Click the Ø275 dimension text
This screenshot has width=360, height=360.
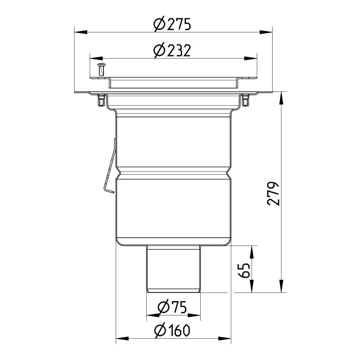pos(173,24)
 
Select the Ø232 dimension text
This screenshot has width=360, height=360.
pos(173,51)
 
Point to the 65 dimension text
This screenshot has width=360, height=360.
pos(244,269)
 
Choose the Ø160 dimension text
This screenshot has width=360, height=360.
pos(173,330)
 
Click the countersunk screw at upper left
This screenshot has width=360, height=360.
pos(101,70)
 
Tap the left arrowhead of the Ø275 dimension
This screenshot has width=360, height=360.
pos(80,32)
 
